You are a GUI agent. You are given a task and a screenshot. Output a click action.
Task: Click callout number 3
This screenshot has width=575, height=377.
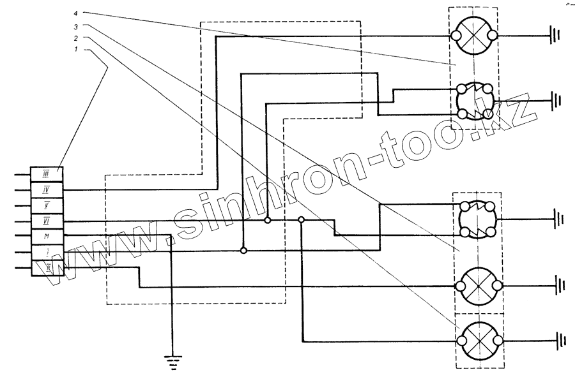pyautogui.click(x=76, y=26)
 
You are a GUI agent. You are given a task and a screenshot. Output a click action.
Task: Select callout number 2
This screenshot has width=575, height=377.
pyautogui.click(x=76, y=38)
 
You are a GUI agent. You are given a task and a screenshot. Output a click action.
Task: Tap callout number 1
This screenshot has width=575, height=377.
pyautogui.click(x=76, y=50)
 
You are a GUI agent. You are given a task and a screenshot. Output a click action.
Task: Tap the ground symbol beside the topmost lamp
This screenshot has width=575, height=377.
pyautogui.click(x=555, y=35)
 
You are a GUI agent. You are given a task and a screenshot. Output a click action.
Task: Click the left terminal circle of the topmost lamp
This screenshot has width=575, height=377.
pyautogui.click(x=457, y=35)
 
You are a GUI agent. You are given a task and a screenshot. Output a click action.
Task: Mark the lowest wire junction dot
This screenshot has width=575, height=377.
pyautogui.click(x=243, y=251)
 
